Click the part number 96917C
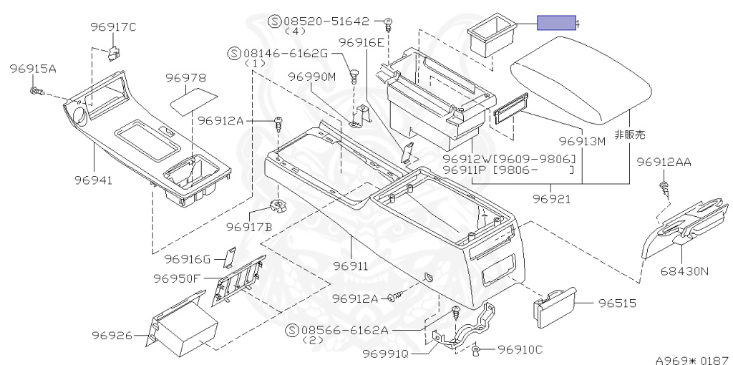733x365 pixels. tap(113, 27)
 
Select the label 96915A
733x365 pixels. tap(33, 69)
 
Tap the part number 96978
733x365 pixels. tap(185, 77)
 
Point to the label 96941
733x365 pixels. tap(94, 180)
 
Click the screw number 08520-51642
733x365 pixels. tap(326, 21)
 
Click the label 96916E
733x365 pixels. tap(361, 43)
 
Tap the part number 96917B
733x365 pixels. tap(249, 227)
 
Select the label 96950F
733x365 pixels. tap(177, 278)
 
